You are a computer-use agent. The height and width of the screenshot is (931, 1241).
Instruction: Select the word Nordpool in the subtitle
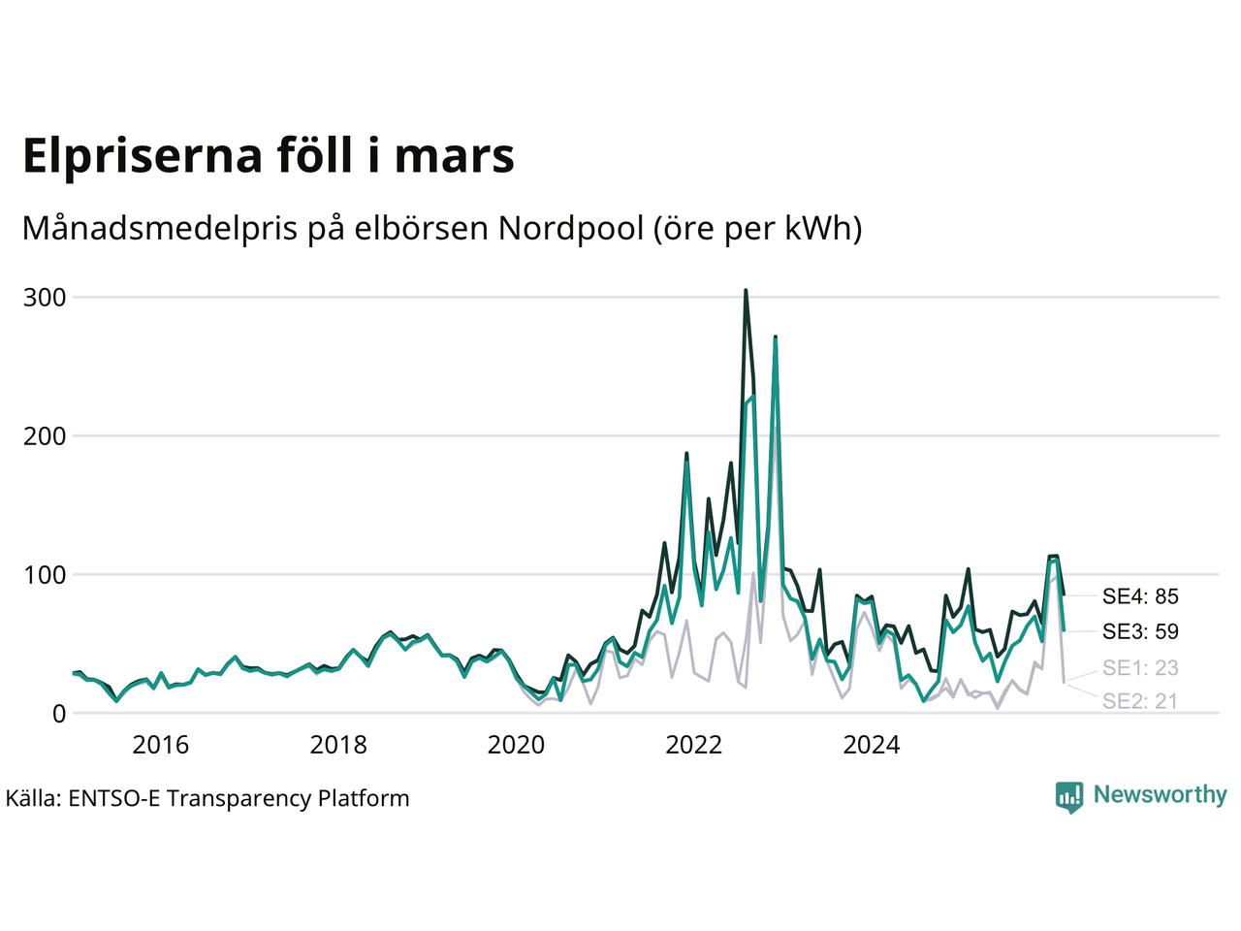click(570, 229)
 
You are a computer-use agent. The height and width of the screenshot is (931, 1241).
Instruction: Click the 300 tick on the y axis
click(45, 298)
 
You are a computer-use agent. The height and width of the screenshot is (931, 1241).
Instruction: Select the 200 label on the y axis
click(45, 436)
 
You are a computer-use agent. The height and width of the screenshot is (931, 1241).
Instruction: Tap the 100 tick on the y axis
click(45, 575)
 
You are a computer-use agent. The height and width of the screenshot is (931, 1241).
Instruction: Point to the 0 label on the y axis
click(59, 714)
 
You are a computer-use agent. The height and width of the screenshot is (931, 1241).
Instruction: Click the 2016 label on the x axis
click(160, 745)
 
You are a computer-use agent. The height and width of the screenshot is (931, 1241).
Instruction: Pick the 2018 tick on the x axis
click(338, 745)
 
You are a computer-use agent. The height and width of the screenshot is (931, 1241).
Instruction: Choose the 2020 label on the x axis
click(516, 745)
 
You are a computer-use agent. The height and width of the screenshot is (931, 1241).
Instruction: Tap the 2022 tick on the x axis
click(694, 745)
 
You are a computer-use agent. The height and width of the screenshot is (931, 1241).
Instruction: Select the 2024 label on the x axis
click(872, 745)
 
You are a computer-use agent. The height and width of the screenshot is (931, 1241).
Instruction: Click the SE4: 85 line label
click(1140, 596)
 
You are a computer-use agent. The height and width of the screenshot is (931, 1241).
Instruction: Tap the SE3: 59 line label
click(1140, 632)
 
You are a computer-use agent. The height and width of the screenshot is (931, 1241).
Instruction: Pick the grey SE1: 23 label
click(1140, 668)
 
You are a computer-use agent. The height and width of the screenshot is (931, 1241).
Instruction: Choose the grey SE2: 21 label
click(1140, 701)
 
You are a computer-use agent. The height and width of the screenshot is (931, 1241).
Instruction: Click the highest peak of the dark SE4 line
click(746, 290)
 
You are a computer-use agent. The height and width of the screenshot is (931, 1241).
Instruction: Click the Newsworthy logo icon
click(1068, 796)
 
